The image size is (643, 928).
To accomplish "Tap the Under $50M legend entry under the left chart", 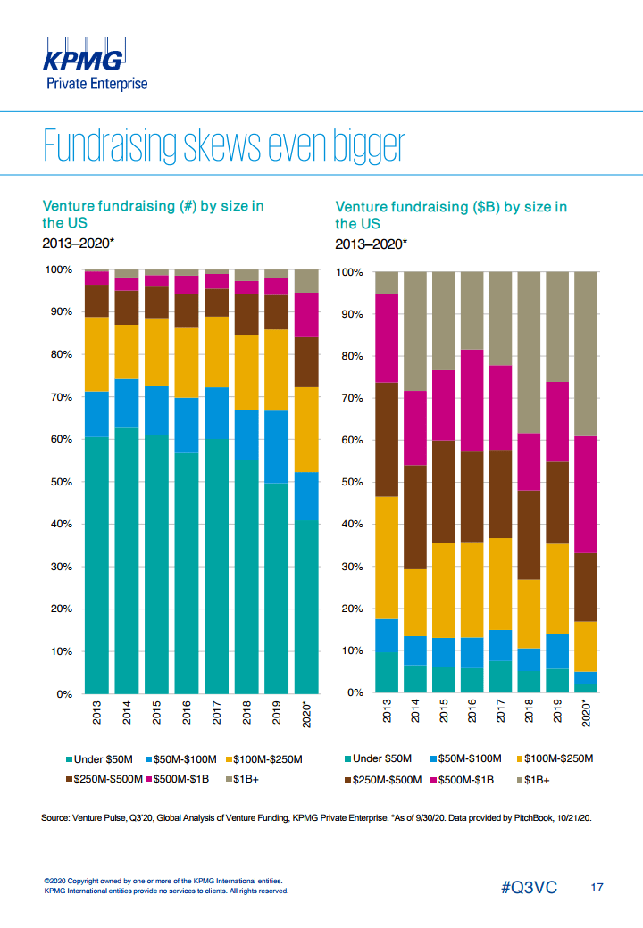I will pos(98,759).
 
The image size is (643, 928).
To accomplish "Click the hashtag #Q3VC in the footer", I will pos(530,888).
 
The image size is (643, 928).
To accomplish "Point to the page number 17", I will pos(597,888).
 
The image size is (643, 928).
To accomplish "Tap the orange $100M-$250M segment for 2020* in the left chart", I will pos(306,429).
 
